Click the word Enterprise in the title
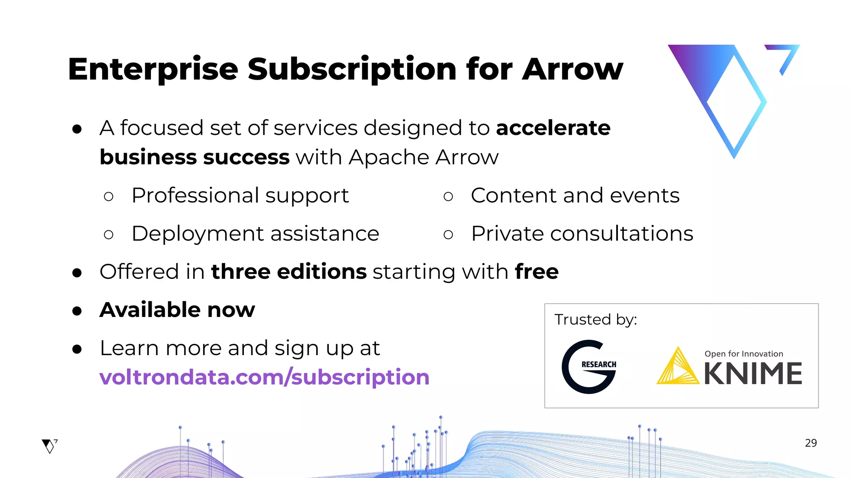[x=153, y=69]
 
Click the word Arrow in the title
[x=573, y=69]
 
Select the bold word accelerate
[x=553, y=128]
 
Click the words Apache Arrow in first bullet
[x=423, y=158]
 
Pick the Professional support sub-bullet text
[x=240, y=195]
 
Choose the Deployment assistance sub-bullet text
[x=255, y=234]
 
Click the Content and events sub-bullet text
[x=575, y=195]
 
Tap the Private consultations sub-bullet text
[x=582, y=234]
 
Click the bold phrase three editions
[x=289, y=272]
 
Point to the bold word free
[x=536, y=272]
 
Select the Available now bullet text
[x=177, y=310]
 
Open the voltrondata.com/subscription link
[x=264, y=377]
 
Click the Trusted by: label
[x=595, y=320]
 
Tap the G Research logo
[x=589, y=366]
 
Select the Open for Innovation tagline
[x=743, y=354]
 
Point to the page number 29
[x=811, y=443]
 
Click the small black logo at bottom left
[x=49, y=446]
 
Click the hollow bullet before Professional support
[x=108, y=196]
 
